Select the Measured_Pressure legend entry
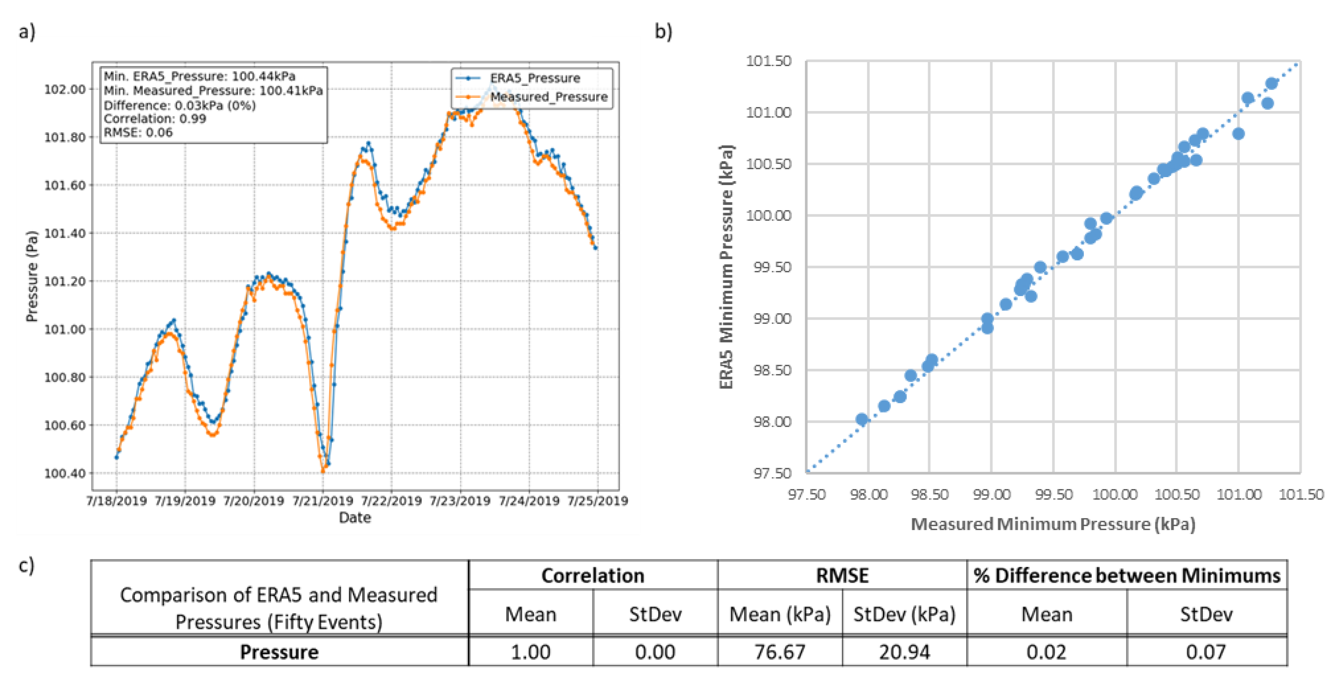point(548,97)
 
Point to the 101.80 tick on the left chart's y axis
point(65,137)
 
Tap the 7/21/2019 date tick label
point(323,501)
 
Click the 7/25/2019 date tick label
point(597,501)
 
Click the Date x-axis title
point(355,517)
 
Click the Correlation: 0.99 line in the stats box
point(155,119)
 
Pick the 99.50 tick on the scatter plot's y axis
point(772,267)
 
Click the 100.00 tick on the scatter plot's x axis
point(1115,495)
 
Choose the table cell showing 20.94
point(904,652)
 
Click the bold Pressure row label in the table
point(279,652)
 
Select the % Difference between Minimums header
point(1126,576)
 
